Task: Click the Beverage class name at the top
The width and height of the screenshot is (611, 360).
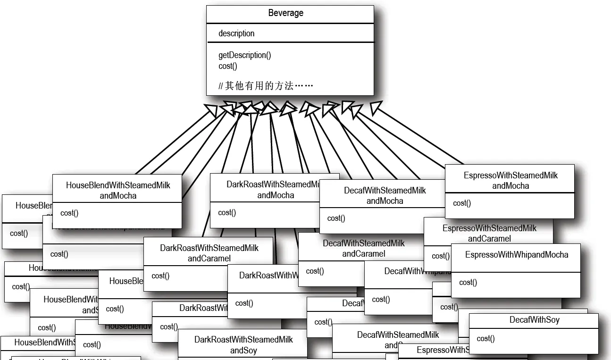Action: [285, 13]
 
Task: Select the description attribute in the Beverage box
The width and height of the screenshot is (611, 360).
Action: [236, 33]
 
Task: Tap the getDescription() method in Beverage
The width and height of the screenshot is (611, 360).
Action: [244, 55]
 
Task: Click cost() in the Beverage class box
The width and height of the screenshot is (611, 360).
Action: [228, 66]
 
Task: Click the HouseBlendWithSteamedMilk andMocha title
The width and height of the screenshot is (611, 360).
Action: [118, 190]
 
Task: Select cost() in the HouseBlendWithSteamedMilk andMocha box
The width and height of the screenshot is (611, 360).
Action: [69, 213]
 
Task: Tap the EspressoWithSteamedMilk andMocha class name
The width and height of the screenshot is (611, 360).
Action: [511, 180]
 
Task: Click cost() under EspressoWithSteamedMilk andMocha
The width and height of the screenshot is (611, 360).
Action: [462, 203]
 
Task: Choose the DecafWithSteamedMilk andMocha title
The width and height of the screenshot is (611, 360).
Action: [385, 195]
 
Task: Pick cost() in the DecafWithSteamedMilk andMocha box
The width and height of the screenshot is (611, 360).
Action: [336, 218]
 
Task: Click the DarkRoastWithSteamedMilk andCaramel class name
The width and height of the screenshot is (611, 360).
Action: [209, 253]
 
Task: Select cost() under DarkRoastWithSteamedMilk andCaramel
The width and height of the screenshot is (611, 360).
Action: [160, 276]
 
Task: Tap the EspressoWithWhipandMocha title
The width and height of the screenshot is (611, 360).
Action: [517, 255]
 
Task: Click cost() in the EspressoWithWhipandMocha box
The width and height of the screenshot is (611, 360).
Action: [468, 282]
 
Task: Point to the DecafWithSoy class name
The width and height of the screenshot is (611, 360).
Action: [534, 320]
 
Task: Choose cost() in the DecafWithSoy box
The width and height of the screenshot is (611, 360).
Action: [485, 338]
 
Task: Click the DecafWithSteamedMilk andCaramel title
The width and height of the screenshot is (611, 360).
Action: [364, 248]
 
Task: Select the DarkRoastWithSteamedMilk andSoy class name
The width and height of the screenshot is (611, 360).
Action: [243, 345]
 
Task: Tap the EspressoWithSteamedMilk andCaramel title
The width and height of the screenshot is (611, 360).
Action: [489, 233]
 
